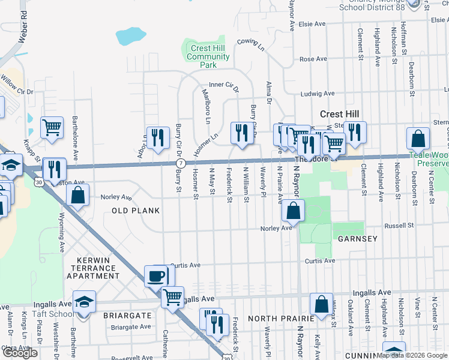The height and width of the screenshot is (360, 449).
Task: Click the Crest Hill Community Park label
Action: (x=208, y=56)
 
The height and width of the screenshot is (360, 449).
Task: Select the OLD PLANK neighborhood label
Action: (x=136, y=211)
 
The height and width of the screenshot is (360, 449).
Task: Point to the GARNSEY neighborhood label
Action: (x=357, y=239)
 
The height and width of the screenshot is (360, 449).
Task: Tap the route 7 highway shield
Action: (x=180, y=163)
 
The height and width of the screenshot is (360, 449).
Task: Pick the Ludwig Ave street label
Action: (x=318, y=94)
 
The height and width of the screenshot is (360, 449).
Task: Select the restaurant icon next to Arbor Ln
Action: (x=157, y=139)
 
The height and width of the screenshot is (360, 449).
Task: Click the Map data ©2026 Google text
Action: (x=412, y=355)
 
